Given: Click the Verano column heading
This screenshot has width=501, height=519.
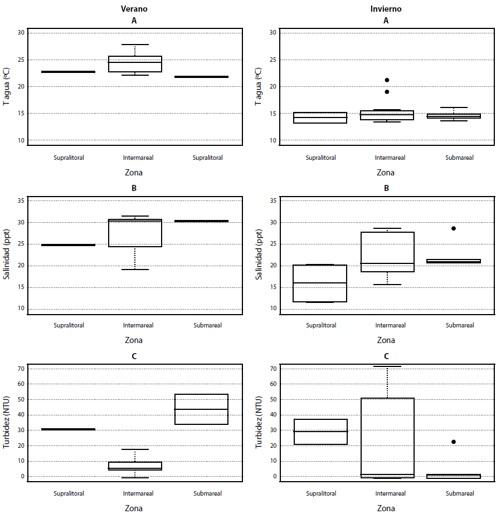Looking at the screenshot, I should coord(134,9).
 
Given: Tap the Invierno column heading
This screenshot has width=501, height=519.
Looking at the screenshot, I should coord(386,9).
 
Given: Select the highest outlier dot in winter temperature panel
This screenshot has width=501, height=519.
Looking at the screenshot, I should coord(387,80).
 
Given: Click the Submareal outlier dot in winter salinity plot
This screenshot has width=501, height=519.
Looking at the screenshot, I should coord(453,228).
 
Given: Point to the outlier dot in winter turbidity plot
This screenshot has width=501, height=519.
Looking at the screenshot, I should coord(453,442).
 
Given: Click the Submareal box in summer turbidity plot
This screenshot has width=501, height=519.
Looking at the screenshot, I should coord(201,409).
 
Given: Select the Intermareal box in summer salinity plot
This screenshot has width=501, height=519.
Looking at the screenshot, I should coord(135,233).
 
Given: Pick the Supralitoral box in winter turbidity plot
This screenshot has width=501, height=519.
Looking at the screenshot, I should coord(320,432).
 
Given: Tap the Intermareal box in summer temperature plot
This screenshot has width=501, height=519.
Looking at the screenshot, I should coord(135,64).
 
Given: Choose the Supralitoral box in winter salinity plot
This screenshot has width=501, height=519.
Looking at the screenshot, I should coord(320,283).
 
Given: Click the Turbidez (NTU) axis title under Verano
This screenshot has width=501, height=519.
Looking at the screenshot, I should coord(7,422).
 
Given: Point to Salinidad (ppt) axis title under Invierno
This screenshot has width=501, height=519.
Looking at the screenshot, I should coord(259,254).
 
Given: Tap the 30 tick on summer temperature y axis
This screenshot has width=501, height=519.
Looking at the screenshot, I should coord(21,32).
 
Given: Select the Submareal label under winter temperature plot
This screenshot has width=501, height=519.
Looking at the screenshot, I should coord(459,158).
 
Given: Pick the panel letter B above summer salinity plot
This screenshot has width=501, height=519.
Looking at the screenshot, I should coord(134,188).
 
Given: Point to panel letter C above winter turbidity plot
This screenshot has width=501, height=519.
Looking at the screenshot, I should coord(386,356).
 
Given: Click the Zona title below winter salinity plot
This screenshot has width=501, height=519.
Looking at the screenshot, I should coord(386,340).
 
